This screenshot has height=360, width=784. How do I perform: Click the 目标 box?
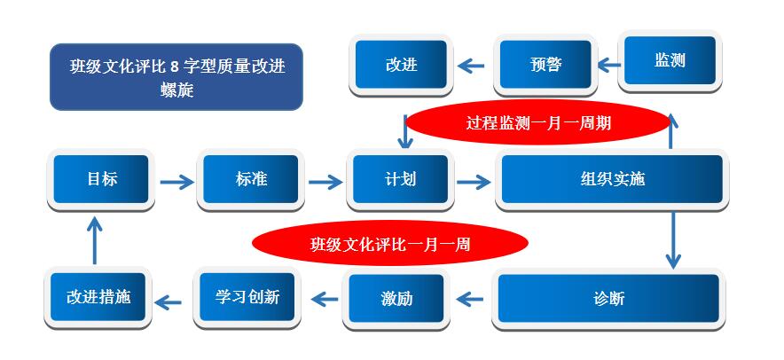coord(101,179)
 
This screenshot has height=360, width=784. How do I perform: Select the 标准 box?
coord(250,179)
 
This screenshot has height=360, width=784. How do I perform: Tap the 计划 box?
coord(400,179)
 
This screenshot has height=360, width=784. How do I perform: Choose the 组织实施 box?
coord(612,179)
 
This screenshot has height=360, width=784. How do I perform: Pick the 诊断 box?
coord(608,299)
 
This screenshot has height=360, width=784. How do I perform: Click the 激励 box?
coord(396,299)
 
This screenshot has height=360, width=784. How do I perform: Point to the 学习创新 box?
coord(247,298)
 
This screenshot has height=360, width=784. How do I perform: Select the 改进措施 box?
coord(98,298)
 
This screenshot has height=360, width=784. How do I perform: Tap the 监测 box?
coord(670,61)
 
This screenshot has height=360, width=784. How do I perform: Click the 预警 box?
coord(545,65)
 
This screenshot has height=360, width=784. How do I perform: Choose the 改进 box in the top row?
coord(401,65)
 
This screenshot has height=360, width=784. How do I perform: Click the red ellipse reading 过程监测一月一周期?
coord(538,122)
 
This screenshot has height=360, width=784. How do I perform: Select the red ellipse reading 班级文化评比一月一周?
coord(390,244)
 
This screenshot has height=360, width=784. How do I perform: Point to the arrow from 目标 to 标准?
coord(176,182)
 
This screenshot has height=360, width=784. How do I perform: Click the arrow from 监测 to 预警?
coord(609,65)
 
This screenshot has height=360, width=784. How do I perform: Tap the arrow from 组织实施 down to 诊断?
coord(673,240)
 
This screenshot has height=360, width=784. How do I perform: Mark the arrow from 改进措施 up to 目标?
coord(94,240)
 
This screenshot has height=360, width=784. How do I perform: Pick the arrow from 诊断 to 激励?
coord(470,299)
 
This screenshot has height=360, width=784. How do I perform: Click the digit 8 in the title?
coord(175,66)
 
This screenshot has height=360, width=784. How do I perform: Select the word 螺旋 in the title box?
coord(176,90)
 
